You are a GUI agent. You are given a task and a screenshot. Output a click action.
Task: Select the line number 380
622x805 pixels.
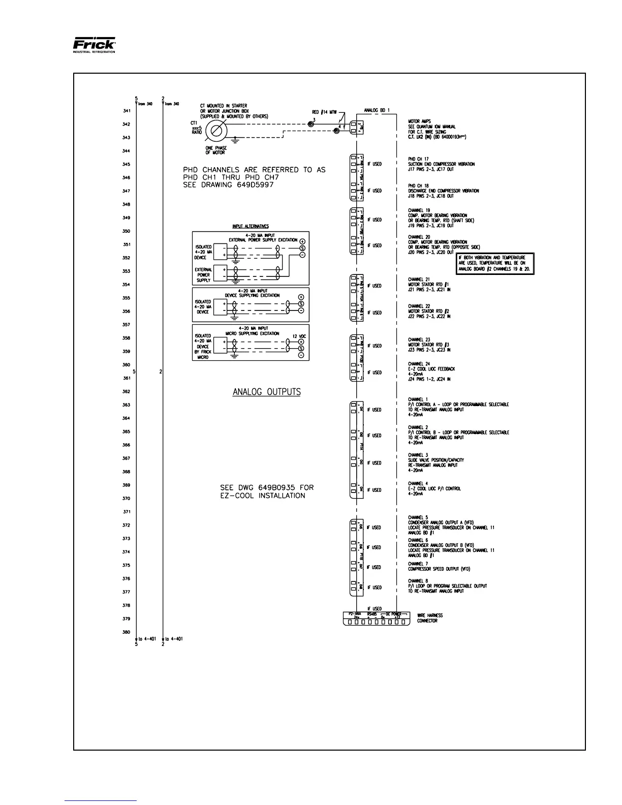point(126,632)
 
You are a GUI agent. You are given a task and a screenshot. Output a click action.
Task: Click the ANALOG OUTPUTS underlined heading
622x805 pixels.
point(266,392)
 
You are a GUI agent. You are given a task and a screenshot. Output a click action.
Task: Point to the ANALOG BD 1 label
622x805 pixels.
point(377,110)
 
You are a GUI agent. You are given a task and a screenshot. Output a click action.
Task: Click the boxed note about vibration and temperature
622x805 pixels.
point(495,264)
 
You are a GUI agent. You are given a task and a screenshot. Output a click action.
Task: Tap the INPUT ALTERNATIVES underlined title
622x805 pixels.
point(251,227)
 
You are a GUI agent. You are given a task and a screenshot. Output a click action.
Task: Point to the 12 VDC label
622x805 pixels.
point(299,336)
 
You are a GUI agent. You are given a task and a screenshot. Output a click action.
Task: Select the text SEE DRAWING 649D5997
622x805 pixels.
point(228,185)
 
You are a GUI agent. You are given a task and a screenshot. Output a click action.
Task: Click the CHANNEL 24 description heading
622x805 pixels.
point(419,364)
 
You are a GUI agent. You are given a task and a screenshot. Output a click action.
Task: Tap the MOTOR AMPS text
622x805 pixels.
point(419,121)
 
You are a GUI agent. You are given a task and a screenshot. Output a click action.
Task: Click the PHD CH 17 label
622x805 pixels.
point(418,159)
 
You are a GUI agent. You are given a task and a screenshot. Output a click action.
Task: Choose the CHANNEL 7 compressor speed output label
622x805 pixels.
point(419,564)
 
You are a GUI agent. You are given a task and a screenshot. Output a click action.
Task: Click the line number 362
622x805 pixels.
point(126,391)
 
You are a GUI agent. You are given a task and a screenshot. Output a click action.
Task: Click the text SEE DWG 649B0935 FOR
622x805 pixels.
point(267,487)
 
